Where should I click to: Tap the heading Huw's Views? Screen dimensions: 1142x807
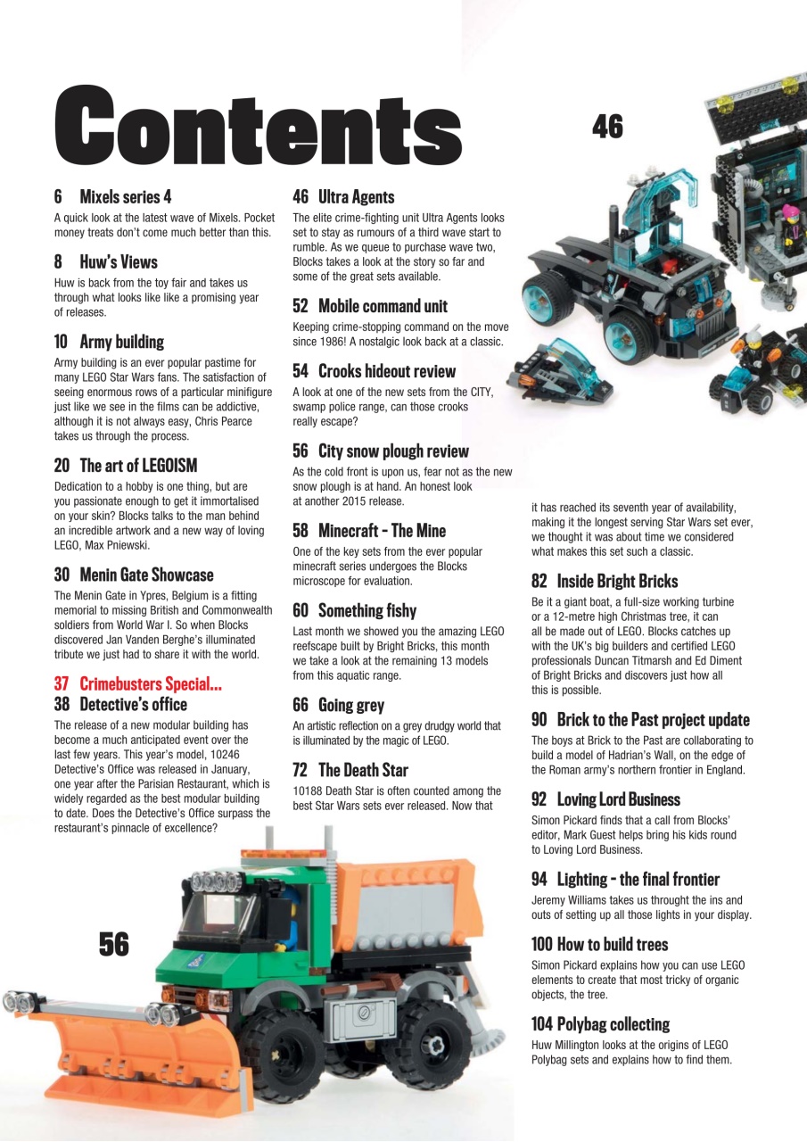coord(118,262)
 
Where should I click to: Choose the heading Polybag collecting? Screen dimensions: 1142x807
coord(613,1024)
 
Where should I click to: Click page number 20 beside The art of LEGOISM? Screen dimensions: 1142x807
coord(62,466)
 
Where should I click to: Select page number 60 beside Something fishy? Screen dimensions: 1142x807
coord(301,611)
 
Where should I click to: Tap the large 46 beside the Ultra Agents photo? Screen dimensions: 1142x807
coord(607,128)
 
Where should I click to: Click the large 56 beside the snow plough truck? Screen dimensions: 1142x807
coord(114,943)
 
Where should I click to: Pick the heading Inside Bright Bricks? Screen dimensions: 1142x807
coord(617,582)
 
